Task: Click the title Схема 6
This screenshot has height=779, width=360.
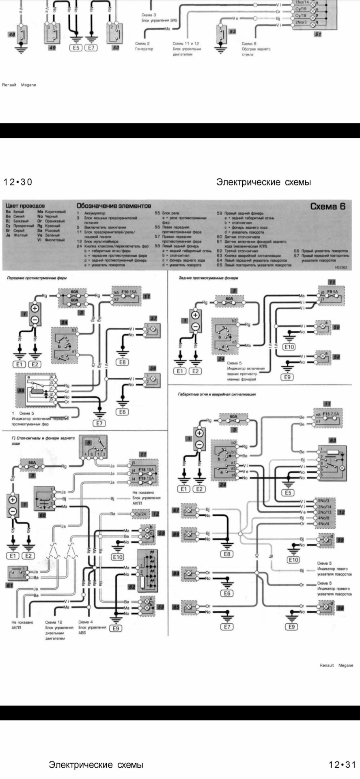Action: click(328, 206)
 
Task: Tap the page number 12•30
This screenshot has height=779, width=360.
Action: click(18, 182)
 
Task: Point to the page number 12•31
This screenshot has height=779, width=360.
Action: click(342, 765)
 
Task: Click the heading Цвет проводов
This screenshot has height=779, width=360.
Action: click(25, 206)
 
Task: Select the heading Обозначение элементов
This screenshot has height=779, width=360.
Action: click(114, 206)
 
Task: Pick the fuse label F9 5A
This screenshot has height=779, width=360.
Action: click(333, 291)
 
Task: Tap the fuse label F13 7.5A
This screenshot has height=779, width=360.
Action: click(330, 414)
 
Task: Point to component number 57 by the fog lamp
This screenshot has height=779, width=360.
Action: click(153, 318)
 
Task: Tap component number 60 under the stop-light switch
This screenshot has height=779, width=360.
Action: click(42, 515)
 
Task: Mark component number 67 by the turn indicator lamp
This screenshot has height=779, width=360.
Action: click(176, 510)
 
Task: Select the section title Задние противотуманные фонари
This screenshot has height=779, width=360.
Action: click(208, 278)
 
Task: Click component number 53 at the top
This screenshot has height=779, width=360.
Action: click(232, 31)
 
